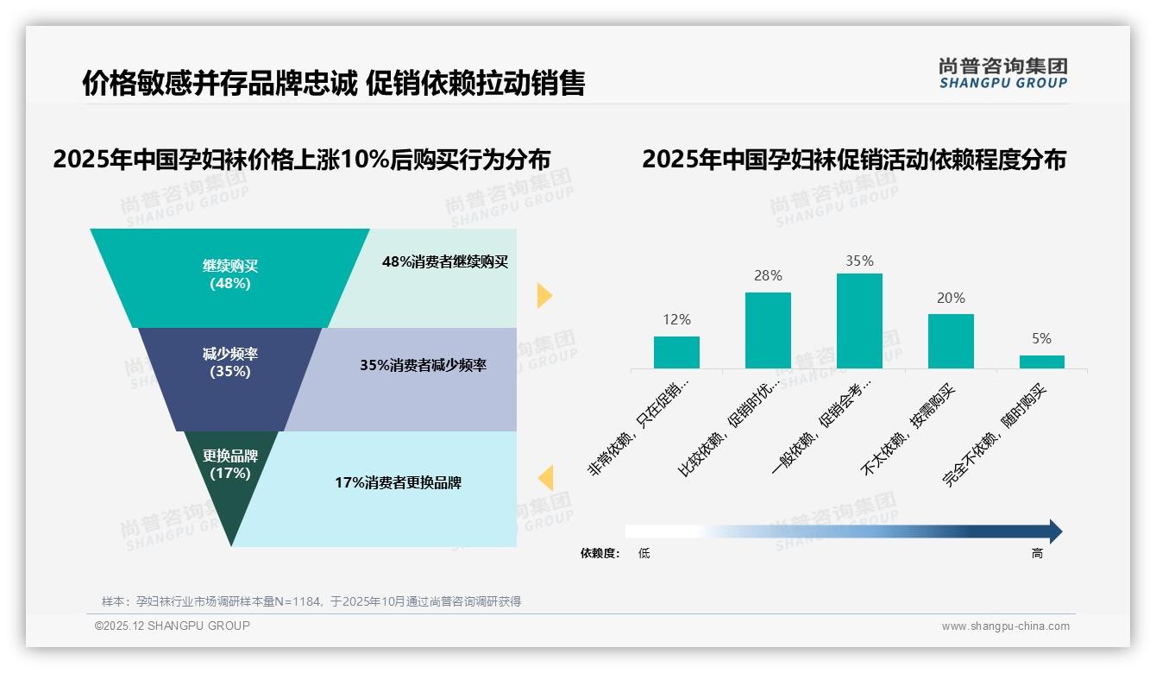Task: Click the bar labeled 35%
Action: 859,321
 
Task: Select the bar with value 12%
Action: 676,352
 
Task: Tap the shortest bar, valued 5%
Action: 1042,362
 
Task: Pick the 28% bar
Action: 768,330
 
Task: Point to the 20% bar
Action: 951,341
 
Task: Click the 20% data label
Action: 951,298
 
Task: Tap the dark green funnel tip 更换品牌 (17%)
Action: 230,470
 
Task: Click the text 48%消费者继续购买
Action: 445,261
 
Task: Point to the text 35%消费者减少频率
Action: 423,365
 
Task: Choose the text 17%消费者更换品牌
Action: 398,482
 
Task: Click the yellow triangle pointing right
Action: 544,295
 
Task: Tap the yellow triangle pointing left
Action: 544,477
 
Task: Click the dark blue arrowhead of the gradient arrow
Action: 1055,531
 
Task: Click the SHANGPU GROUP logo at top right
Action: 1002,72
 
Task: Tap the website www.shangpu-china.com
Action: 1005,626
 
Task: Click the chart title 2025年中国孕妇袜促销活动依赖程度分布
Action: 854,160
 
